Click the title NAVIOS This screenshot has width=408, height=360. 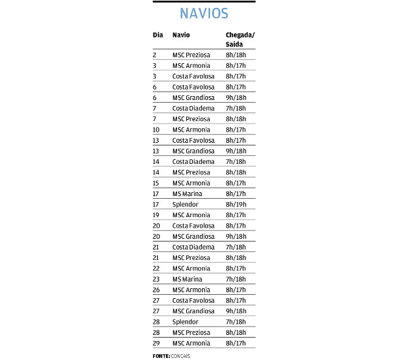click(x=204, y=14)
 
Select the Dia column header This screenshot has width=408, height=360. click(x=157, y=34)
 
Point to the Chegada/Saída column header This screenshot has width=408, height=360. click(x=240, y=39)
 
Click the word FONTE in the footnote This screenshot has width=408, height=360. click(x=161, y=355)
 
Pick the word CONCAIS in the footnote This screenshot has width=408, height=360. click(x=180, y=355)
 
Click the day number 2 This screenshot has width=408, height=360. click(x=155, y=55)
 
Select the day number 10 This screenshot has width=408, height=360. click(x=156, y=130)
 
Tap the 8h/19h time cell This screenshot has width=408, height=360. click(x=236, y=204)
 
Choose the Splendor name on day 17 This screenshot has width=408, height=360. click(x=185, y=204)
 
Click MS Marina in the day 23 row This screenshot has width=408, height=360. click(x=187, y=279)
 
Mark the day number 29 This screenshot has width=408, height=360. click(x=156, y=343)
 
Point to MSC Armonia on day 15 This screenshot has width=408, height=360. click(x=191, y=183)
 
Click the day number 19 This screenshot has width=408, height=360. click(x=156, y=215)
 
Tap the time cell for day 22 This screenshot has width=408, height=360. click(x=236, y=269)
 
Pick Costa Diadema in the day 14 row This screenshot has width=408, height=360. click(x=193, y=161)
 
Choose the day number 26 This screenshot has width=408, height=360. click(x=156, y=290)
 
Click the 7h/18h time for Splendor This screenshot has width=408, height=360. click(x=236, y=322)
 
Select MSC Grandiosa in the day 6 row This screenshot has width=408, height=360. click(x=193, y=97)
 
